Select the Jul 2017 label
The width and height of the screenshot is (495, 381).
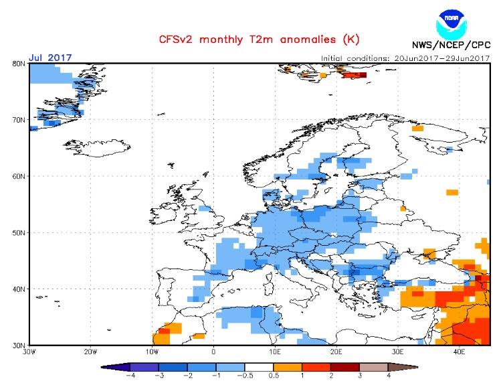click(x=51, y=58)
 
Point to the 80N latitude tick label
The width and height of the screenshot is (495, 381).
click(x=19, y=64)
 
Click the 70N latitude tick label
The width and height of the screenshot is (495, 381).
click(x=19, y=120)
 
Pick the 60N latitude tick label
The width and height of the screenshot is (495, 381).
click(x=19, y=176)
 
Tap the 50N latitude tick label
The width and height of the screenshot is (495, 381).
click(x=19, y=232)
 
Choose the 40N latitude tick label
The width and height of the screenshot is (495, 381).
click(x=19, y=289)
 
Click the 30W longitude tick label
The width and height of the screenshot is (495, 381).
click(x=29, y=351)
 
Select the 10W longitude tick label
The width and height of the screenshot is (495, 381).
click(x=152, y=351)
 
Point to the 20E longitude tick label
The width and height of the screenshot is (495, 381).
click(x=336, y=351)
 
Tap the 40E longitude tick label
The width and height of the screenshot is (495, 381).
click(x=460, y=351)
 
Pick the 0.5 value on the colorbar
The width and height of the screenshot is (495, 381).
click(x=274, y=376)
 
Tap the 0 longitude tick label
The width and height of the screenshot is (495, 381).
click(x=213, y=351)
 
